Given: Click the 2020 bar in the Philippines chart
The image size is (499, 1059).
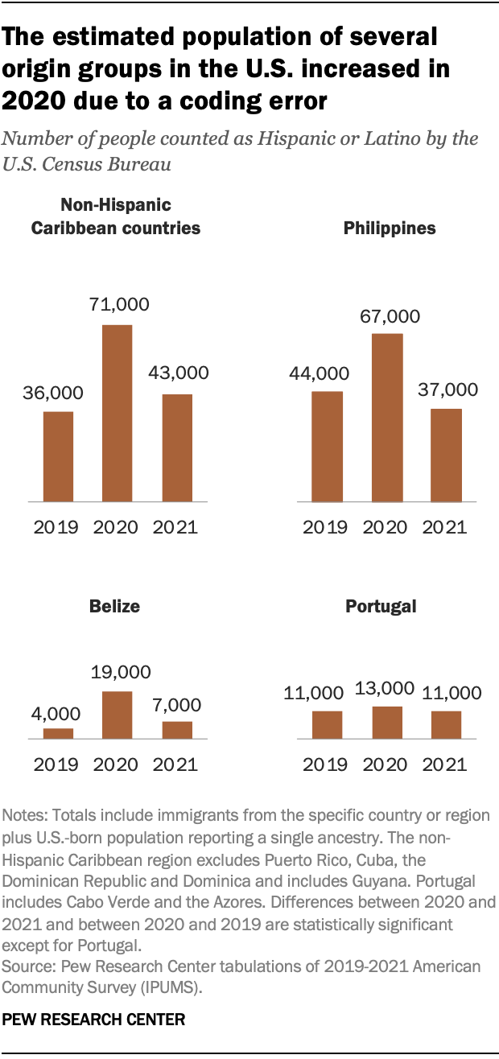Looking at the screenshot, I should tap(387, 418).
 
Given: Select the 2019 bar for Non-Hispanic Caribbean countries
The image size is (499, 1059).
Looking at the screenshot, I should tap(58, 457).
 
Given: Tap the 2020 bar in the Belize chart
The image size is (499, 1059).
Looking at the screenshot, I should tap(117, 715).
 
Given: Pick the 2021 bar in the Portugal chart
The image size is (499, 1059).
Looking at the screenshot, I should tap(446, 724).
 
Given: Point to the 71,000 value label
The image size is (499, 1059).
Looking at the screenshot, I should tap(117, 305).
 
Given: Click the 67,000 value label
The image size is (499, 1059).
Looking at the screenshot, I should tap(387, 316).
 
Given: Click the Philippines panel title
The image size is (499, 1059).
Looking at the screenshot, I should tap(390, 229).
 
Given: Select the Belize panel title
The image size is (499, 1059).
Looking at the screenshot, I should tap(116, 607).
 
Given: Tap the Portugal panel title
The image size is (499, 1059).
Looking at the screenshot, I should tap(381, 607).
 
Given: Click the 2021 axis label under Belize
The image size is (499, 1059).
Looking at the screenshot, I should tap(175, 764).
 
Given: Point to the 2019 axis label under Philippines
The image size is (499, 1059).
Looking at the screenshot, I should tap(326, 528).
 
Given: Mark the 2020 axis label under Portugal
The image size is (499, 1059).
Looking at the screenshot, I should tap(386, 764).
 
